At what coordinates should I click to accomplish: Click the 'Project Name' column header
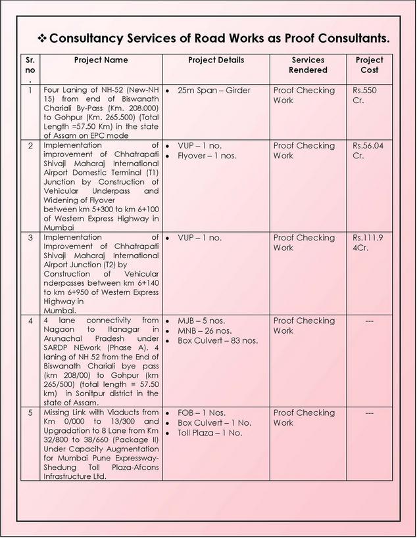coord(101,60)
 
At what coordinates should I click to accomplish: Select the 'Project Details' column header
coord(216,60)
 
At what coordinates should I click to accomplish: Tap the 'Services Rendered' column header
coord(308,64)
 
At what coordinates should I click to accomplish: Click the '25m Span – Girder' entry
coord(214,90)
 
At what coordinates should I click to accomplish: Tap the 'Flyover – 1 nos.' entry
coord(207,156)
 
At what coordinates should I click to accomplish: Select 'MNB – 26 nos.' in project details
coord(205,330)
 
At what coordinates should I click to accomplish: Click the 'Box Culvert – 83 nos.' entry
coord(218,340)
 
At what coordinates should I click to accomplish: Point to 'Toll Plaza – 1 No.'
coord(210,433)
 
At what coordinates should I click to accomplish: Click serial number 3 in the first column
coord(31,238)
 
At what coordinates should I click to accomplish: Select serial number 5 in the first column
coord(31,413)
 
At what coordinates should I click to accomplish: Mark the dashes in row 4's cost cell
coord(369,321)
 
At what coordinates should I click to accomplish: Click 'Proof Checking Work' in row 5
coord(304,418)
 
